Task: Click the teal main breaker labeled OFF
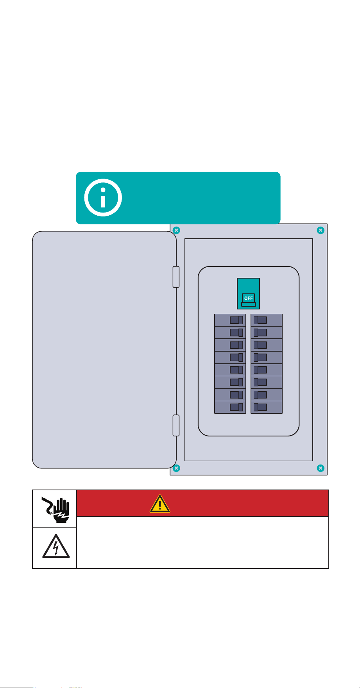248,293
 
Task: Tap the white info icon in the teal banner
103,198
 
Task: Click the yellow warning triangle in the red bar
160,504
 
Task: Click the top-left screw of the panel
176,230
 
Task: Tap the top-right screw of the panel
321,230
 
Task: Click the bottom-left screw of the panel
176,468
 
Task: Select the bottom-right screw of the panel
321,468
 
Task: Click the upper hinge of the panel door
176,277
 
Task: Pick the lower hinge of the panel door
176,425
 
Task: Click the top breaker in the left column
230,320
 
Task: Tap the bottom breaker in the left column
230,407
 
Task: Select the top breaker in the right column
267,320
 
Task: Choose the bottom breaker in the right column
267,407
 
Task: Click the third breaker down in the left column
230,345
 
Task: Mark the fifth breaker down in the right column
267,370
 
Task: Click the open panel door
104,350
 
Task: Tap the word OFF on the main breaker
249,298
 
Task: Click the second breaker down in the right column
267,333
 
